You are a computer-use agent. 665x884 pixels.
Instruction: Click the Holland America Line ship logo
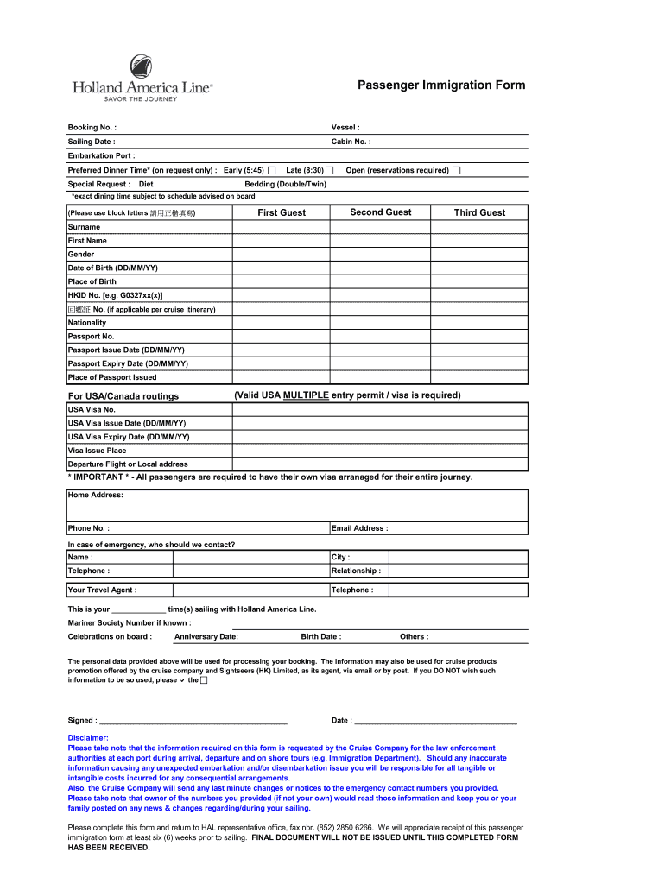click(x=141, y=66)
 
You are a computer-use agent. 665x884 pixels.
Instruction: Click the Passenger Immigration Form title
click(x=441, y=85)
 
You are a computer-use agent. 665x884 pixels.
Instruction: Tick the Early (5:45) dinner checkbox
click(x=272, y=170)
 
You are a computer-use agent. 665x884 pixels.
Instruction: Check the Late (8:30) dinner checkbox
click(x=329, y=170)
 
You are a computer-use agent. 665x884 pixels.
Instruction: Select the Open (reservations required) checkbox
click(x=457, y=170)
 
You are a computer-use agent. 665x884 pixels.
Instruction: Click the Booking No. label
click(x=92, y=128)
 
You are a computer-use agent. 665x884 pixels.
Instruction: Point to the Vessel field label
click(x=345, y=128)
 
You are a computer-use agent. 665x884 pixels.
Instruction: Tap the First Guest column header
click(x=282, y=212)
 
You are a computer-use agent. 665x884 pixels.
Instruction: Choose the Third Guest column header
click(x=479, y=212)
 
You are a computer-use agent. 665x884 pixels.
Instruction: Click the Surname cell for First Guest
click(x=282, y=227)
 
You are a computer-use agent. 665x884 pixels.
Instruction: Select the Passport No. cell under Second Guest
click(x=381, y=337)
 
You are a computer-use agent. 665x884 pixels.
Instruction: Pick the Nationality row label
click(x=87, y=323)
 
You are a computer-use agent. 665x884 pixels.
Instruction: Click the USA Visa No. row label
click(x=92, y=409)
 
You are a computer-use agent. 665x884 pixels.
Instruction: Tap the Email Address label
click(x=360, y=528)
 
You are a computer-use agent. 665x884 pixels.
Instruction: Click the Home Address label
click(x=96, y=496)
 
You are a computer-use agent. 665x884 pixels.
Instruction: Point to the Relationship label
click(x=356, y=571)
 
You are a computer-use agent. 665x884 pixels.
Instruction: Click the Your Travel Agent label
click(x=103, y=590)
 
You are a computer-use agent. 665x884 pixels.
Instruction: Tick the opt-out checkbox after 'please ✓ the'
click(x=204, y=680)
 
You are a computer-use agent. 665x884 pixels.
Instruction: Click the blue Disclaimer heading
click(x=88, y=738)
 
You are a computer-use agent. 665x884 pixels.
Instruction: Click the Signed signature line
click(x=194, y=720)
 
